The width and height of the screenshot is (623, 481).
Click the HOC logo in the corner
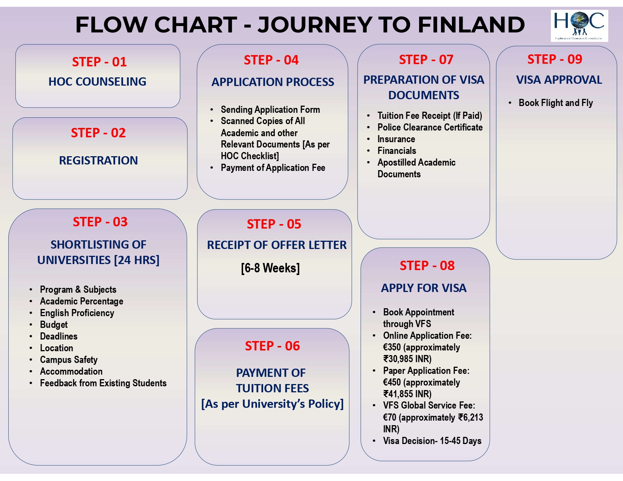point(579,26)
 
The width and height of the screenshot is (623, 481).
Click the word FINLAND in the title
point(471,25)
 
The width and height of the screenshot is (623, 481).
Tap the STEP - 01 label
point(99,62)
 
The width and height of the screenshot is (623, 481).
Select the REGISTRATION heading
point(98,160)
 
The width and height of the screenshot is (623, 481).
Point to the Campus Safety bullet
point(69,360)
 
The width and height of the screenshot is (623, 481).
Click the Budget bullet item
point(54,324)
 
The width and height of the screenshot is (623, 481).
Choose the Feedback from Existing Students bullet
point(103,383)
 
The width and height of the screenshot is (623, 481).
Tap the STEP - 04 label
point(271,60)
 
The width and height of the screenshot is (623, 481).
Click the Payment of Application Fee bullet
point(273,168)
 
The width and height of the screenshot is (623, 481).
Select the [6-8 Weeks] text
point(270,268)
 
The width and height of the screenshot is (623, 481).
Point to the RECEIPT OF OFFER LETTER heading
point(277,245)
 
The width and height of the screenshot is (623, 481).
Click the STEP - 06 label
point(272,346)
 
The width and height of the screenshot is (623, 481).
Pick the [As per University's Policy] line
point(272,404)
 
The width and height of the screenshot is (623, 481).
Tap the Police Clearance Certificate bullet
point(430,127)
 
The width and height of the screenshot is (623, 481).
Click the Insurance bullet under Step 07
point(396,139)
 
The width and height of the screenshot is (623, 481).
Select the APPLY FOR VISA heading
point(424,288)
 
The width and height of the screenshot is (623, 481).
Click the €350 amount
point(392,347)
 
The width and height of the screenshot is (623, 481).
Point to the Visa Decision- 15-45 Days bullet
point(432,441)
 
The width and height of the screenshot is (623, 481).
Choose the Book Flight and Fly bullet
point(556,103)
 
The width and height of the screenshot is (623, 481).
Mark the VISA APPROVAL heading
point(559,80)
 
